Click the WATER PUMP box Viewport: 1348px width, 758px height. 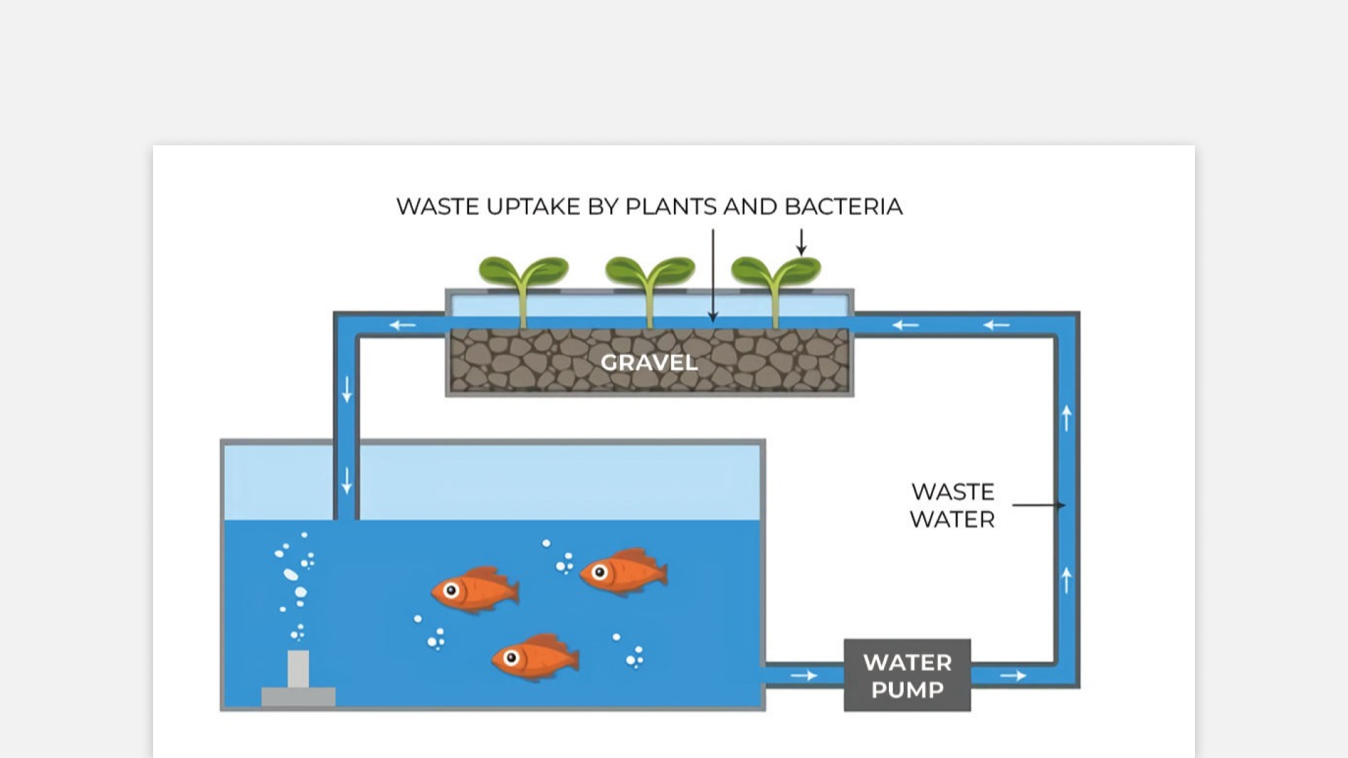click(x=907, y=675)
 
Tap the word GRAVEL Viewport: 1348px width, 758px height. click(x=649, y=362)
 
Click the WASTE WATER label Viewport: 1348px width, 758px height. click(x=952, y=505)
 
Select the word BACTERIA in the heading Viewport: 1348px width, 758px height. click(x=843, y=206)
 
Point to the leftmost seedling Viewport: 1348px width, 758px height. click(x=523, y=281)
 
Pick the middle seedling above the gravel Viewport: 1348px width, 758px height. click(x=649, y=281)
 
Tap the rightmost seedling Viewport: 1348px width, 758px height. click(x=776, y=281)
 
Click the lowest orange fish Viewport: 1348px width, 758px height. click(x=536, y=658)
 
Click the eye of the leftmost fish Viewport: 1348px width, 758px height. click(x=451, y=590)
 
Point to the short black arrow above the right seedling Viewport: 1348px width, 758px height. click(x=801, y=241)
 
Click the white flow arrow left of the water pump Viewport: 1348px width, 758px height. click(x=804, y=675)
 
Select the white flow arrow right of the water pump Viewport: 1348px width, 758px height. click(x=1013, y=675)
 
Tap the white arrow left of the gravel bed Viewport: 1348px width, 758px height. click(x=403, y=325)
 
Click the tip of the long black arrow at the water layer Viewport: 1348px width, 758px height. click(x=713, y=319)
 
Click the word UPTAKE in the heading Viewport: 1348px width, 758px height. click(x=534, y=206)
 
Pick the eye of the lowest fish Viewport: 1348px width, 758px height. click(x=511, y=658)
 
